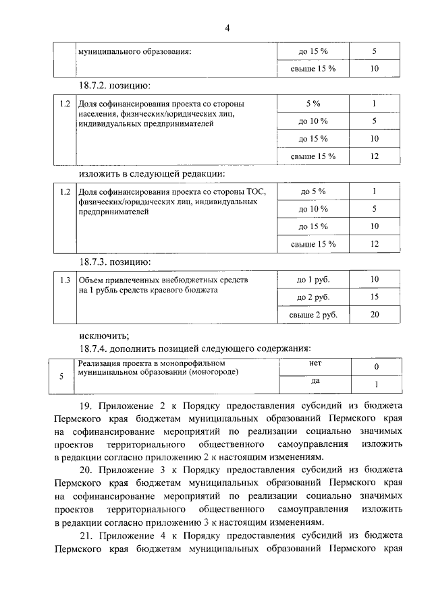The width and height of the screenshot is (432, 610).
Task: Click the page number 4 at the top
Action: click(227, 28)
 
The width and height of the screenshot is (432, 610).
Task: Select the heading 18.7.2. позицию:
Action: click(114, 86)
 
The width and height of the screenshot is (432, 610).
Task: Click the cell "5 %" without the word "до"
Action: click(313, 104)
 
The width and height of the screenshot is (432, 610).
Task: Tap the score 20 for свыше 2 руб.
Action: click(375, 314)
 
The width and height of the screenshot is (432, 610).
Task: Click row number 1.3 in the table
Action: click(65, 279)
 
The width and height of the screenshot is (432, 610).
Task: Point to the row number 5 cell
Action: click(61, 376)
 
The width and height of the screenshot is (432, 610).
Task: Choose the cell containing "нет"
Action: click(315, 363)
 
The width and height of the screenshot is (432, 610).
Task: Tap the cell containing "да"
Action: click(315, 381)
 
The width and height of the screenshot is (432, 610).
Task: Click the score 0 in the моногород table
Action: click(376, 367)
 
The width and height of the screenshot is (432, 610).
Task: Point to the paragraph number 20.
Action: click(86, 469)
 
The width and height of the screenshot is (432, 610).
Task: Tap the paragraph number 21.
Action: click(86, 535)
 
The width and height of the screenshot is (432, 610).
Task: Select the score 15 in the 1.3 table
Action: click(375, 297)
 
